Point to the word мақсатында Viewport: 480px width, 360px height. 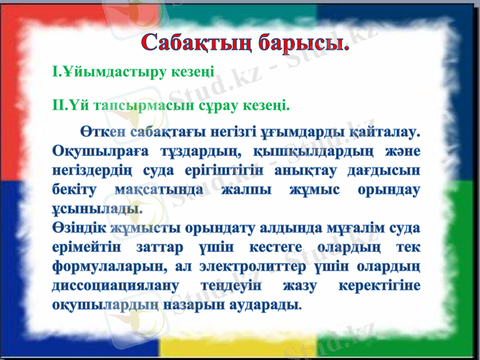[x=160, y=189]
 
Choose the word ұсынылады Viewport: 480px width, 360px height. [x=98, y=209]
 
